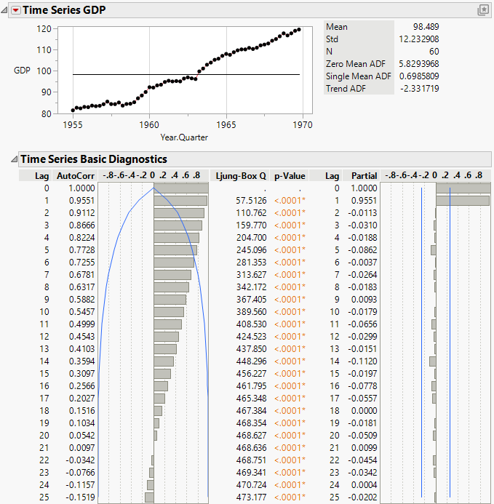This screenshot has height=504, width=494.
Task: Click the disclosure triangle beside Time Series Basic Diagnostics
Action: tap(12, 159)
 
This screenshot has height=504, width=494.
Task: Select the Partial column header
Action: tap(364, 175)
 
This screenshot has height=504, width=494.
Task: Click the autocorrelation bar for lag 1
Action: tap(180, 200)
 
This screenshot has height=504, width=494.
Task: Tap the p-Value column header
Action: tap(289, 175)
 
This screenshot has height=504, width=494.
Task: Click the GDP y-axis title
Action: tap(22, 71)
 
